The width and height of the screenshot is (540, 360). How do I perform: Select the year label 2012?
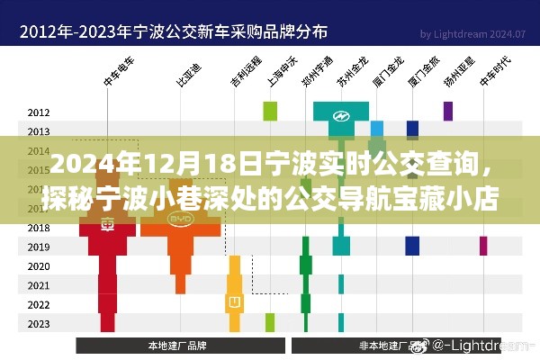pyautogui.click(x=39, y=112)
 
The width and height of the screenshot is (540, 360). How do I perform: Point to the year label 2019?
pyautogui.click(x=39, y=247)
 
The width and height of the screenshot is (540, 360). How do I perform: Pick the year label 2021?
pyautogui.click(x=39, y=285)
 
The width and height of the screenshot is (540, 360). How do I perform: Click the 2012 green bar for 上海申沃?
pyautogui.click(x=269, y=112)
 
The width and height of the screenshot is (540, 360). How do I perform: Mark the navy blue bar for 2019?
pyautogui.click(x=412, y=246)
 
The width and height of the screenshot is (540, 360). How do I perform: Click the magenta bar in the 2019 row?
pyautogui.click(x=483, y=246)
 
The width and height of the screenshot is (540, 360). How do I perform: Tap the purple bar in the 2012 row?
pyautogui.click(x=447, y=111)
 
